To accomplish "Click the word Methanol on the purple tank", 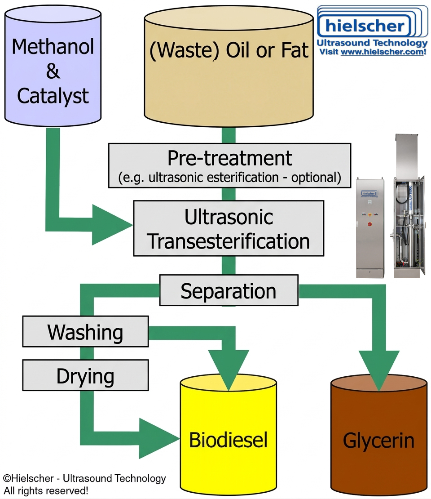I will [53, 47].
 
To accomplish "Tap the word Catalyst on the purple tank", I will [53, 96].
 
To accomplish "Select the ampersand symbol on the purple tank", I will [53, 71].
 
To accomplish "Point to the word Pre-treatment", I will [229, 158].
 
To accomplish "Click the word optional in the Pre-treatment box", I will [314, 177].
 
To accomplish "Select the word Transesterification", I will [229, 241].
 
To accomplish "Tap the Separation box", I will [229, 291].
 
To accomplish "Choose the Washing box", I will [85, 332].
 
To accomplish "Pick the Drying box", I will [85, 376].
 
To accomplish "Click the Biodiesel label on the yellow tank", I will [228, 440].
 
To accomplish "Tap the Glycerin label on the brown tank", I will [378, 441].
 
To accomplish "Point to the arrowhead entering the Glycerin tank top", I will [379, 371].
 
